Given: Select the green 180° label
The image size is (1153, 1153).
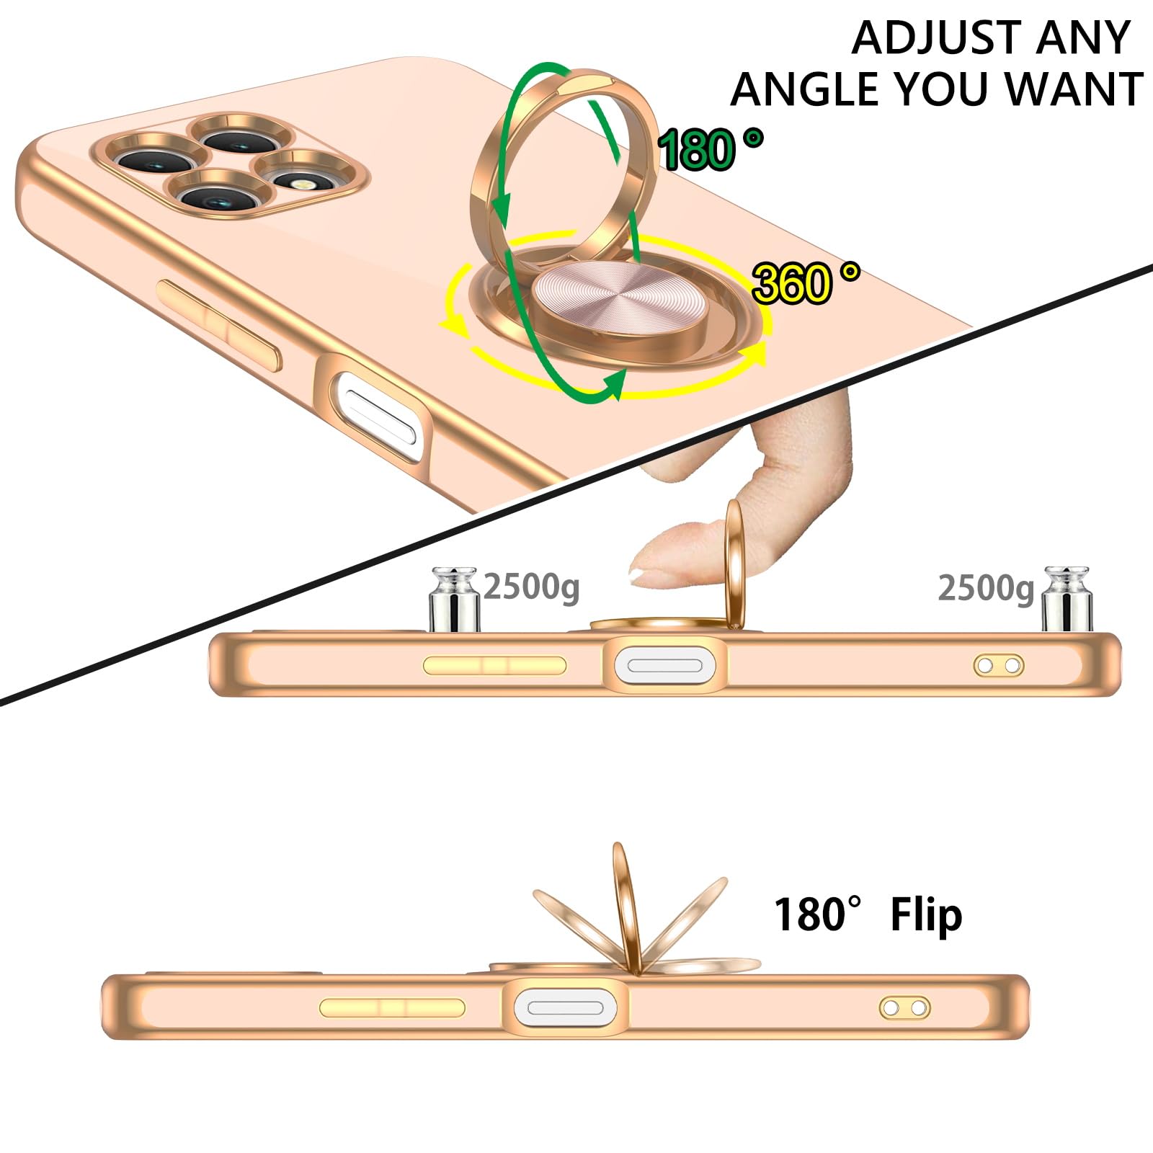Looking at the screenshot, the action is coord(711,149).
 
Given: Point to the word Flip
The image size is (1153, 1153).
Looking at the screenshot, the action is coord(926,916).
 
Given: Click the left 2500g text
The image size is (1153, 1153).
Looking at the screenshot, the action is coord(531,587).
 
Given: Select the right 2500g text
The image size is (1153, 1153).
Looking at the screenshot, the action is coord(986,589).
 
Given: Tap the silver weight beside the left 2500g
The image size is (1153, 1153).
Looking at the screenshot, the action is coord(455,600).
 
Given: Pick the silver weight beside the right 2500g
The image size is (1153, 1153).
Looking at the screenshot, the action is coord(1067,600).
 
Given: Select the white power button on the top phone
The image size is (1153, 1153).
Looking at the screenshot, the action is coord(378,414).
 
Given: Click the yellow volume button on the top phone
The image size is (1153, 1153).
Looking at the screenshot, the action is coord(219,325).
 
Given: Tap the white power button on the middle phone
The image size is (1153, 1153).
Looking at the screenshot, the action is coord(665,664).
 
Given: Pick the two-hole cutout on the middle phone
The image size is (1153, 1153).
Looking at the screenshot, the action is coord(999,665).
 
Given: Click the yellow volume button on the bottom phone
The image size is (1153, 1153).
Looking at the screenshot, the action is coord(392,1007).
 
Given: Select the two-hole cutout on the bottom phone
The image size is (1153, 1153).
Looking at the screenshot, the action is coord(905,1007).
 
